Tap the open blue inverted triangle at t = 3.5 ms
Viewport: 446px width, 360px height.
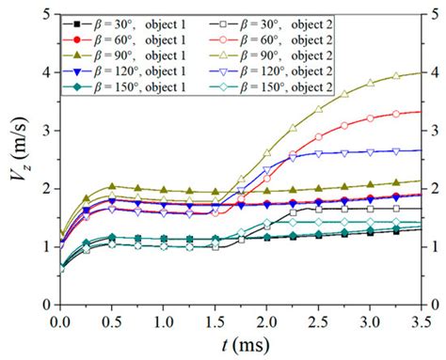tap(420, 149)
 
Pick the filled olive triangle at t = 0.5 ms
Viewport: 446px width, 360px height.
tap(113, 186)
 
